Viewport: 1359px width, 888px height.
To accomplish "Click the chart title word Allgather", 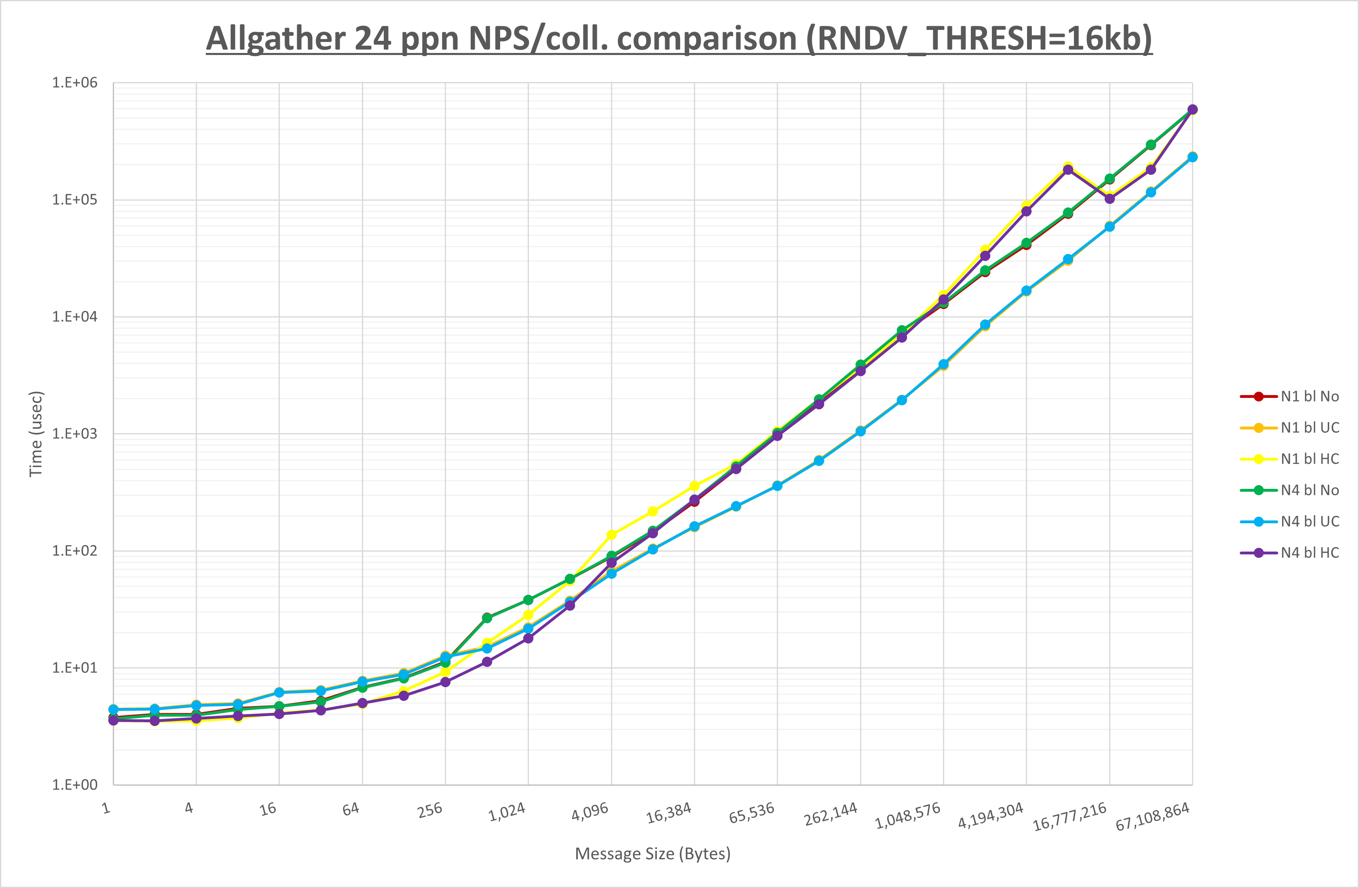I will click(x=276, y=39).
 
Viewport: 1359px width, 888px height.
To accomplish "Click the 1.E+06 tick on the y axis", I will click(x=75, y=83).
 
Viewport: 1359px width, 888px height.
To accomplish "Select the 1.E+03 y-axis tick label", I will click(x=75, y=434).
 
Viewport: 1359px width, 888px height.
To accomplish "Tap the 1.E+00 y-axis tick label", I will click(x=75, y=784).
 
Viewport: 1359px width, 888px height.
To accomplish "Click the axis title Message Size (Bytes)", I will click(x=653, y=854).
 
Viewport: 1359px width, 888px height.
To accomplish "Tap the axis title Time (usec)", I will click(x=36, y=434).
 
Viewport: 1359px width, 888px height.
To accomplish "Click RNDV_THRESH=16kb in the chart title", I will click(x=979, y=39).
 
